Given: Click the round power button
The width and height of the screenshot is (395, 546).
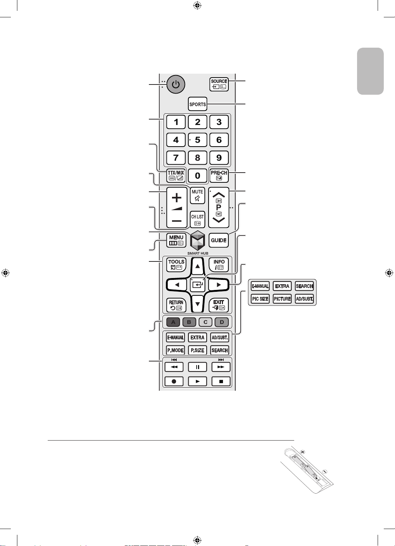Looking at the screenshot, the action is click(x=176, y=84).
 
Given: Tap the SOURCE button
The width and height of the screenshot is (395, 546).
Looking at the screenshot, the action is click(x=219, y=84).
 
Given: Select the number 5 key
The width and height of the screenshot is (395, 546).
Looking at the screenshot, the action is click(x=197, y=140).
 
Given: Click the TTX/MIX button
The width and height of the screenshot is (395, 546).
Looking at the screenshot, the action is click(x=176, y=175).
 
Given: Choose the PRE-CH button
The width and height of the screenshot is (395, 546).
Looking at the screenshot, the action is click(x=219, y=175).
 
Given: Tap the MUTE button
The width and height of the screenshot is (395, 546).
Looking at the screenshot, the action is click(x=197, y=196).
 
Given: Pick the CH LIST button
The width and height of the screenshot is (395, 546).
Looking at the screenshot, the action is click(x=197, y=220).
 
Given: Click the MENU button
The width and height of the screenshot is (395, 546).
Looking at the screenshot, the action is click(x=176, y=240).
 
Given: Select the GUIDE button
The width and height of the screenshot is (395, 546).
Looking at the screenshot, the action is click(x=219, y=240).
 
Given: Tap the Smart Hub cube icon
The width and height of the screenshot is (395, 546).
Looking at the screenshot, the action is click(x=197, y=240).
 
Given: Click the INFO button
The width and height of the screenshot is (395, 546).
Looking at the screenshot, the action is click(x=219, y=264).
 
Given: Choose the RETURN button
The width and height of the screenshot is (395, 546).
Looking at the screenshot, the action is click(x=176, y=305).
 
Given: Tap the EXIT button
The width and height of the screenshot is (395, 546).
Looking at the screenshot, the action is click(x=219, y=305).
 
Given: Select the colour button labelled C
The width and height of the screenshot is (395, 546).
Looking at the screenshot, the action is click(x=205, y=322).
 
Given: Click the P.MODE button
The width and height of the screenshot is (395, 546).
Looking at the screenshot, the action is click(x=175, y=350).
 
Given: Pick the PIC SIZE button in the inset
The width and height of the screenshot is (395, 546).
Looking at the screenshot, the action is click(x=260, y=299).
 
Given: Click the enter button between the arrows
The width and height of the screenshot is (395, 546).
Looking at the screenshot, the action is click(x=197, y=285).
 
